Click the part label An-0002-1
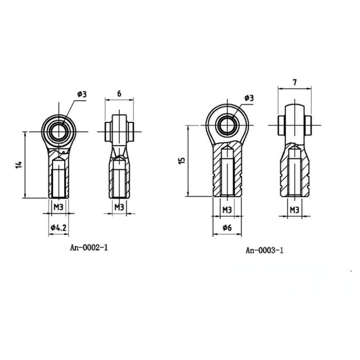coord(89,248)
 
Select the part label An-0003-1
coord(265,250)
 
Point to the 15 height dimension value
coord(181,161)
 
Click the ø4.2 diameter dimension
coord(59,228)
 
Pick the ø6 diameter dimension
coord(227,228)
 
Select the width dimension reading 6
coord(119,94)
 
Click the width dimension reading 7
coord(295,82)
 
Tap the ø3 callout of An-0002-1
coord(82,94)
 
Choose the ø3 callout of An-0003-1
coord(249,98)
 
